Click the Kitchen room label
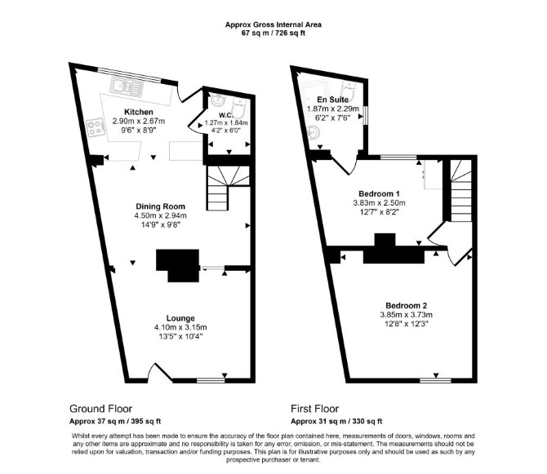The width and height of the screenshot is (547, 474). (x=139, y=112)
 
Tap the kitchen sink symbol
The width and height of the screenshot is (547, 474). (x=127, y=86)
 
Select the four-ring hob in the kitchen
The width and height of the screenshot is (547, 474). (x=96, y=127)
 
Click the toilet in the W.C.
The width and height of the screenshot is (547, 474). (x=240, y=106)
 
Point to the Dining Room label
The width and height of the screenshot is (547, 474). (x=161, y=206)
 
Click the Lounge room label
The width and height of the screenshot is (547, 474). (x=180, y=318)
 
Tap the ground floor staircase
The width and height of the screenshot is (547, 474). (x=228, y=188)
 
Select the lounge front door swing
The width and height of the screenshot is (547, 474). (x=160, y=372)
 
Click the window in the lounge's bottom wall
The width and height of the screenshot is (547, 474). (x=211, y=380)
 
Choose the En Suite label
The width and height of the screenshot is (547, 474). (x=332, y=100)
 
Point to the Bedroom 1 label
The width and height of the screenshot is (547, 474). (x=379, y=194)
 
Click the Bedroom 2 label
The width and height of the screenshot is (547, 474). (x=406, y=306)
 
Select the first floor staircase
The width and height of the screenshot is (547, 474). (x=460, y=190)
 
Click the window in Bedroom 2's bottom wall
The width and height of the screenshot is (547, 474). (x=435, y=380)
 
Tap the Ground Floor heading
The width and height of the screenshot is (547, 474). (x=100, y=409)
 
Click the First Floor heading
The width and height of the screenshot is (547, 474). (x=314, y=409)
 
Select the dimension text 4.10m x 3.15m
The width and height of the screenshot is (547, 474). (x=180, y=327)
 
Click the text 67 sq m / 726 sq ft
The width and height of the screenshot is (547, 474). (x=273, y=33)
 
